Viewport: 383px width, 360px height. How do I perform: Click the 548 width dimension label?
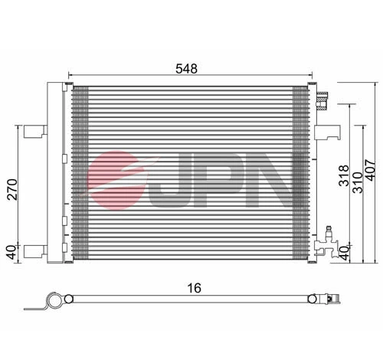click(186, 69)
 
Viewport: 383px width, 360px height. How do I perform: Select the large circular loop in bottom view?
click(52, 301)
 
